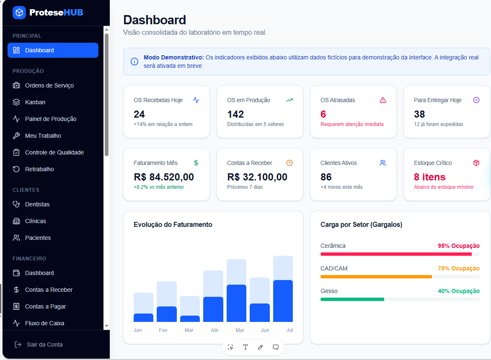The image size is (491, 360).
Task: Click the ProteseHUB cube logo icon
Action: (19, 13)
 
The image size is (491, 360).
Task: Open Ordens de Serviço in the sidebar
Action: (49, 85)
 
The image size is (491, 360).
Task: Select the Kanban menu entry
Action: (35, 102)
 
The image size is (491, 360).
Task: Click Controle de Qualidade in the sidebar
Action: (54, 152)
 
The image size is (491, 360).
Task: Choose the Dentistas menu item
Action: (37, 204)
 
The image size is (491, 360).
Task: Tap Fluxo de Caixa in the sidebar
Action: (44, 323)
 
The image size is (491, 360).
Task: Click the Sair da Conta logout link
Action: (44, 345)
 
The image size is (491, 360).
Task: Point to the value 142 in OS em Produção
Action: (235, 114)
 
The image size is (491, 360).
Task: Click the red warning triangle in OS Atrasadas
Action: (382, 100)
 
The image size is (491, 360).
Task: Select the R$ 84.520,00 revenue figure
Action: (164, 177)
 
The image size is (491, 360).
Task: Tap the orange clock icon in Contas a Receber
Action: (289, 163)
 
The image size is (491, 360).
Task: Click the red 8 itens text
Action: (430, 177)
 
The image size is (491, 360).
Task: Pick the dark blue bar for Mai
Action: (236, 303)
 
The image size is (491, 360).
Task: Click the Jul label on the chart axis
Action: (289, 330)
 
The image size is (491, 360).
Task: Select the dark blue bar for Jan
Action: (143, 318)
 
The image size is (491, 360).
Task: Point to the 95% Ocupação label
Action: (459, 246)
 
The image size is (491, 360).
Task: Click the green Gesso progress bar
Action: (352, 299)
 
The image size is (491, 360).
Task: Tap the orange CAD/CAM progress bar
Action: (376, 277)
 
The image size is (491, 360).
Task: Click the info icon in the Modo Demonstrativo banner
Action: (134, 62)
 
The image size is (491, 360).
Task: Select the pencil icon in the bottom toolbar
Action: (260, 347)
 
